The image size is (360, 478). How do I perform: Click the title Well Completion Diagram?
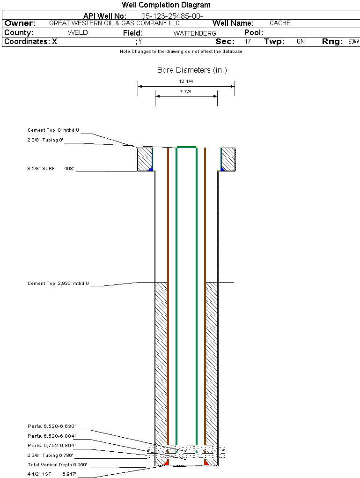[166, 5]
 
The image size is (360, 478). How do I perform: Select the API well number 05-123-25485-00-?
[172, 16]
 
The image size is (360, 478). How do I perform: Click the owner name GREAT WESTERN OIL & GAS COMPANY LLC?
[115, 23]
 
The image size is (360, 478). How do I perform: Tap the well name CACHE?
[280, 23]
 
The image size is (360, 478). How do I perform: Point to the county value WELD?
[78, 33]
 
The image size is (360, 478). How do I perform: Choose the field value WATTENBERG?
[195, 33]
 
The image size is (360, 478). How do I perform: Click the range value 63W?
[353, 41]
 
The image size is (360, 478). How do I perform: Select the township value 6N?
[301, 41]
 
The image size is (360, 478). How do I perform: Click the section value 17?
[248, 41]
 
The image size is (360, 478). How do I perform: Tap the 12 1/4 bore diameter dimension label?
[186, 82]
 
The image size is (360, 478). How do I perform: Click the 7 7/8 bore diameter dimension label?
[186, 91]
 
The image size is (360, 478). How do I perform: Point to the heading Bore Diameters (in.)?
[192, 70]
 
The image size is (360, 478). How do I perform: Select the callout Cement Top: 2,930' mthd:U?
[58, 284]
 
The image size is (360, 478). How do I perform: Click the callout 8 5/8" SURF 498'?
[51, 168]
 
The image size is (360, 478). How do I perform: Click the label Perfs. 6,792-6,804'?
[51, 445]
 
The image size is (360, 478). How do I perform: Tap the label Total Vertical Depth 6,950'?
[57, 465]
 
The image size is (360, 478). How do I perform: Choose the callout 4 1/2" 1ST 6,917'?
[51, 474]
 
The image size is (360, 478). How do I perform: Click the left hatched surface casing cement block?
[145, 159]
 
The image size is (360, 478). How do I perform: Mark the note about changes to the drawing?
[181, 52]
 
